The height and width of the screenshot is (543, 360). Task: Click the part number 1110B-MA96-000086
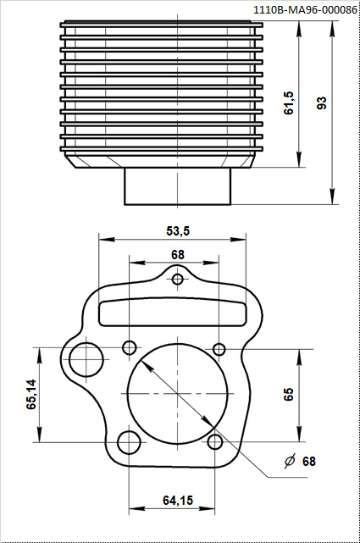(305, 10)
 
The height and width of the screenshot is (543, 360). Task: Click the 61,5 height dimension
(288, 103)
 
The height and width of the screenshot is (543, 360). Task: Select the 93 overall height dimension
(322, 103)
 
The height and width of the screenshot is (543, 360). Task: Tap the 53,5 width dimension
(178, 230)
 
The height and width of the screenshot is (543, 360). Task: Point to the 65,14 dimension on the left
(31, 394)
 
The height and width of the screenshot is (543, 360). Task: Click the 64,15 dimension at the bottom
(178, 500)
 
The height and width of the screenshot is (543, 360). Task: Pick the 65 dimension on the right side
(288, 394)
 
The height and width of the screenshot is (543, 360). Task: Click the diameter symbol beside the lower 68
(290, 461)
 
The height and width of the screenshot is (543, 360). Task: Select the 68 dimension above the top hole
(178, 254)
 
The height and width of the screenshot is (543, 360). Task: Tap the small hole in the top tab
(178, 279)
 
